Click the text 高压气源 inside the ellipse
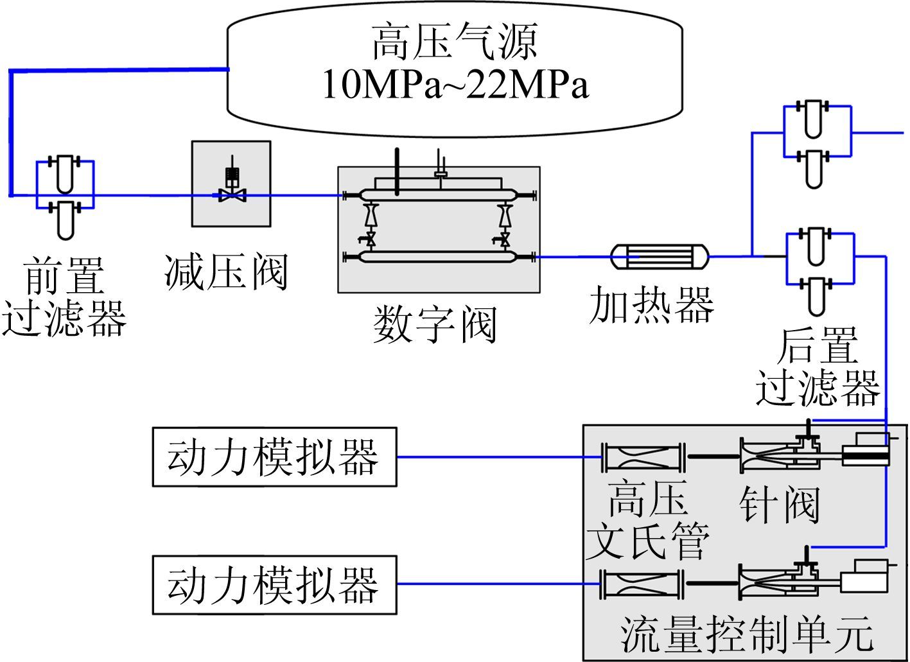454,42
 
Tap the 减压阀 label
225,273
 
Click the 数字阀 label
435,324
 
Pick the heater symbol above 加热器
658,257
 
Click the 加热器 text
651,304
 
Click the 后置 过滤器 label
817,367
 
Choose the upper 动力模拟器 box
274,457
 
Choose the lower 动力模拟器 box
274,585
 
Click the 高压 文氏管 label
647,520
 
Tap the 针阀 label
779,505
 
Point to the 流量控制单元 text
747,635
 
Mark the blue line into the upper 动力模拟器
498,457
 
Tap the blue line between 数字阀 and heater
573,257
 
